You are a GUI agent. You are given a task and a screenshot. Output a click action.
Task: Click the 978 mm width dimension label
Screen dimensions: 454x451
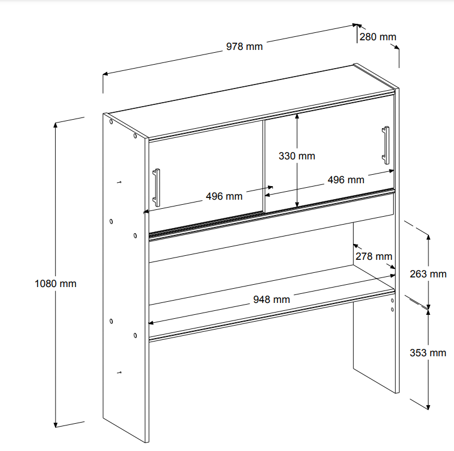245,47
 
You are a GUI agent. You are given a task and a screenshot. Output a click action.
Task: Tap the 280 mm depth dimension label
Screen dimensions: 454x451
378,37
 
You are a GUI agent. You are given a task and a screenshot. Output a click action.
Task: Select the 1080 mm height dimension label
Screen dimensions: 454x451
56,284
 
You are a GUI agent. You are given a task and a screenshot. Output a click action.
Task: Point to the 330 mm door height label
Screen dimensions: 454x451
297,156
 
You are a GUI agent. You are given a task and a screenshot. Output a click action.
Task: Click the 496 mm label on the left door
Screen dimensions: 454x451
224,196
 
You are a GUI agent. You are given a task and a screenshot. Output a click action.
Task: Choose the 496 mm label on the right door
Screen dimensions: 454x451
346,180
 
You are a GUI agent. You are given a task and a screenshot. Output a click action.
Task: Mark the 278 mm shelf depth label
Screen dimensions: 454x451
374,256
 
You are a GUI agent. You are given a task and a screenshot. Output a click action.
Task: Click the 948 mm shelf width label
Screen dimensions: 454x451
272,300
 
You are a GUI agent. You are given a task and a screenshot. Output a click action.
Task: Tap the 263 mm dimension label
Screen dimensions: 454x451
428,274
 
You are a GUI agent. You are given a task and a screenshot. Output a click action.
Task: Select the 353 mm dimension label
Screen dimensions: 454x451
428,353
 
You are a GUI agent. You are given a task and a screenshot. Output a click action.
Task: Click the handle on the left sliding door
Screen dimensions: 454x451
157,188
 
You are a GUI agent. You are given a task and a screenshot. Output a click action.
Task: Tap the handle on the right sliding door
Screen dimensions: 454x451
386,145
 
